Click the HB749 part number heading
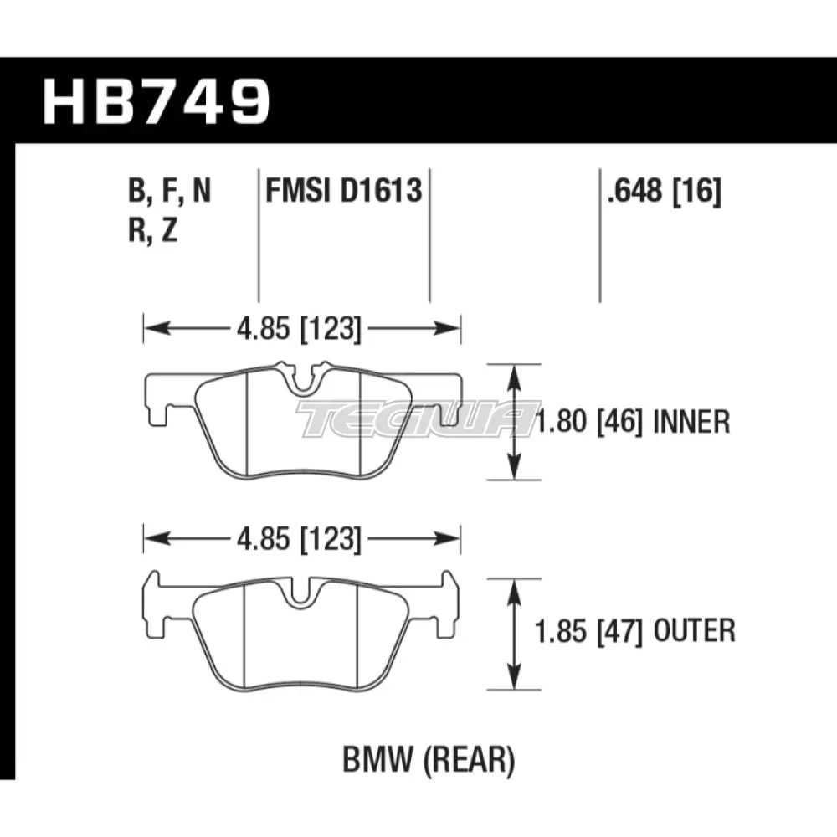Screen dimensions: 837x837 (x=157, y=101)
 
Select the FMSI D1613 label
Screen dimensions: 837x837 (x=343, y=193)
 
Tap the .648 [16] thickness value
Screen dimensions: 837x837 (x=660, y=193)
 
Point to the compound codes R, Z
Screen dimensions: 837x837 (x=153, y=231)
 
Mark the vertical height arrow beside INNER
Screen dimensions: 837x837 (x=515, y=422)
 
